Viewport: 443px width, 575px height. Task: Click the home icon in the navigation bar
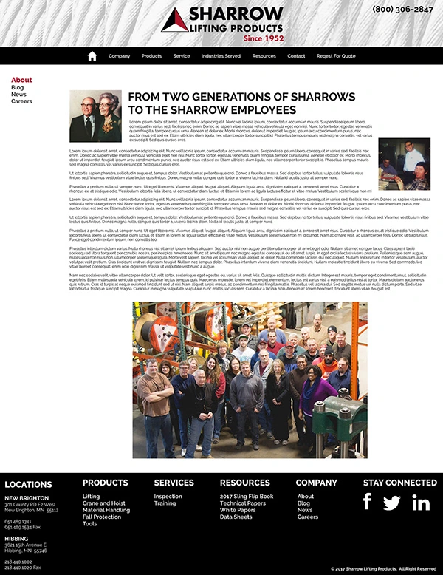[92, 56]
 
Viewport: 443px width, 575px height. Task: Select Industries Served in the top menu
[221, 56]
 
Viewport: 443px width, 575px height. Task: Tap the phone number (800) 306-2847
[402, 10]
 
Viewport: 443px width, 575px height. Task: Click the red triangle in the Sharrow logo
[174, 21]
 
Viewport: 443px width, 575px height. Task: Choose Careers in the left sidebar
[21, 101]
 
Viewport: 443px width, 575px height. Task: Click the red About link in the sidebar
[21, 80]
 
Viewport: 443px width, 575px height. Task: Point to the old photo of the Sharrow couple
[95, 115]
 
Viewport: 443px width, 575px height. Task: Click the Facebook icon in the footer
[367, 502]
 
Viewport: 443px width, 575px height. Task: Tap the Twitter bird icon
[392, 503]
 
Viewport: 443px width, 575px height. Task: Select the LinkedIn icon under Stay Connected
[421, 503]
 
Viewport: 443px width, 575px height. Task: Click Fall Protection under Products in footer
[102, 517]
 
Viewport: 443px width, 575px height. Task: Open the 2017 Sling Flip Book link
[247, 497]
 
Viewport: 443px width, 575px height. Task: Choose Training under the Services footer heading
[165, 503]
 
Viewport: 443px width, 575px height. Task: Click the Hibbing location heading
[16, 539]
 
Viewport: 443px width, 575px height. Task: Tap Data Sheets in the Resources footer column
[236, 517]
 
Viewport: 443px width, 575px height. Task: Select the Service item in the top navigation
[182, 56]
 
